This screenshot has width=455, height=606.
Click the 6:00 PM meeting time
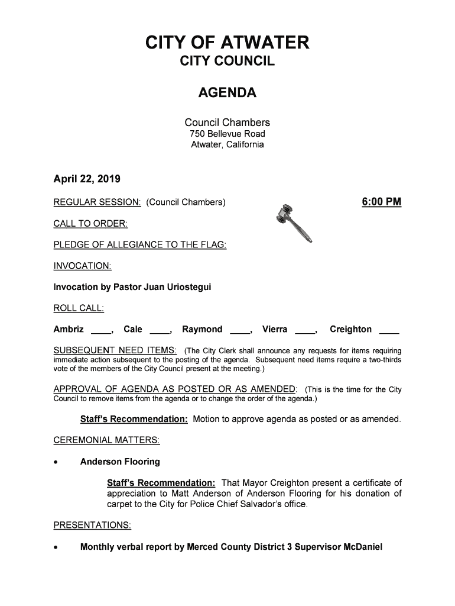(x=382, y=203)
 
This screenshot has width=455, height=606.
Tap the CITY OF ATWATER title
(x=227, y=43)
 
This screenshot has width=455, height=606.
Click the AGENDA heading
(x=227, y=94)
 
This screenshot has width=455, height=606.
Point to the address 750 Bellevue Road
(x=227, y=134)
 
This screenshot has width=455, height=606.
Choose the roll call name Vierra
(x=275, y=329)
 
